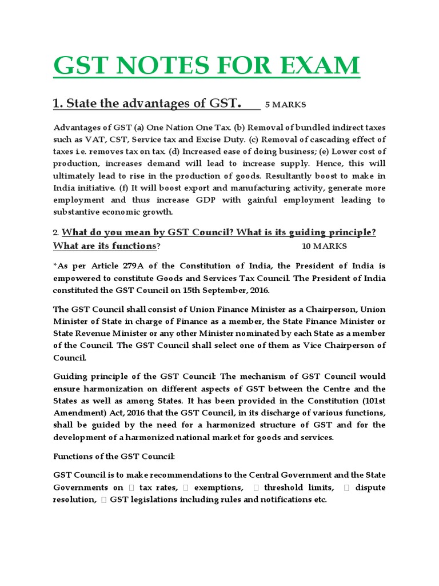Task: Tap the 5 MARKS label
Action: click(285, 104)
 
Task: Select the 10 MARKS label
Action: click(324, 246)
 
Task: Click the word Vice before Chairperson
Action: click(310, 345)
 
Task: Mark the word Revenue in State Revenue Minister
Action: click(98, 333)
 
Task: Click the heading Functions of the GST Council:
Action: click(114, 456)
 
